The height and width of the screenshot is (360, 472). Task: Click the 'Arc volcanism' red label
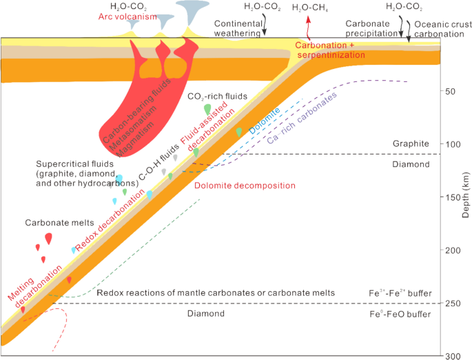[x=127, y=17]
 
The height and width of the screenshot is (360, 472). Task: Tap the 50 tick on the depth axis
[x=442, y=90]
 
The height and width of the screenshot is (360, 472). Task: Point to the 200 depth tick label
[x=453, y=250]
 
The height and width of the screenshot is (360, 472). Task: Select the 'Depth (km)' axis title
[x=466, y=195]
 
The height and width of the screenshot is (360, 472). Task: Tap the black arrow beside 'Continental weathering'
[x=265, y=26]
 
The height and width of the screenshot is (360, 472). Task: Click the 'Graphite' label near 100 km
[x=411, y=143]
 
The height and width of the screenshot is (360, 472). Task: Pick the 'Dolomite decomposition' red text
[x=245, y=186]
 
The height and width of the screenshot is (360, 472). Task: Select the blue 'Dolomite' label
[x=265, y=121]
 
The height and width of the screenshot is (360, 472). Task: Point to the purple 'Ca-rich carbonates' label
[x=302, y=118]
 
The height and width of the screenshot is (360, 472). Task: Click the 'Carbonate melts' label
[x=59, y=223]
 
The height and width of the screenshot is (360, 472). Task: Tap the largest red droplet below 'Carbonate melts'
[x=48, y=239]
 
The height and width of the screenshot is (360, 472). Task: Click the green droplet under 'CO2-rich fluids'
[x=207, y=110]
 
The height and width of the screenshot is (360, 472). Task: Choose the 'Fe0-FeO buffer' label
[x=400, y=314]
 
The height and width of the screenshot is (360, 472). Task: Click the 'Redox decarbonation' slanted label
[x=110, y=221]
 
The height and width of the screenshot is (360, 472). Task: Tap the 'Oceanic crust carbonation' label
[x=440, y=29]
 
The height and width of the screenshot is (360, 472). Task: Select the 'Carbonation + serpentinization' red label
[x=329, y=50]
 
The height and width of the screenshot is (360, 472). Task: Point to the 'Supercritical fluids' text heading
[x=74, y=164]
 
